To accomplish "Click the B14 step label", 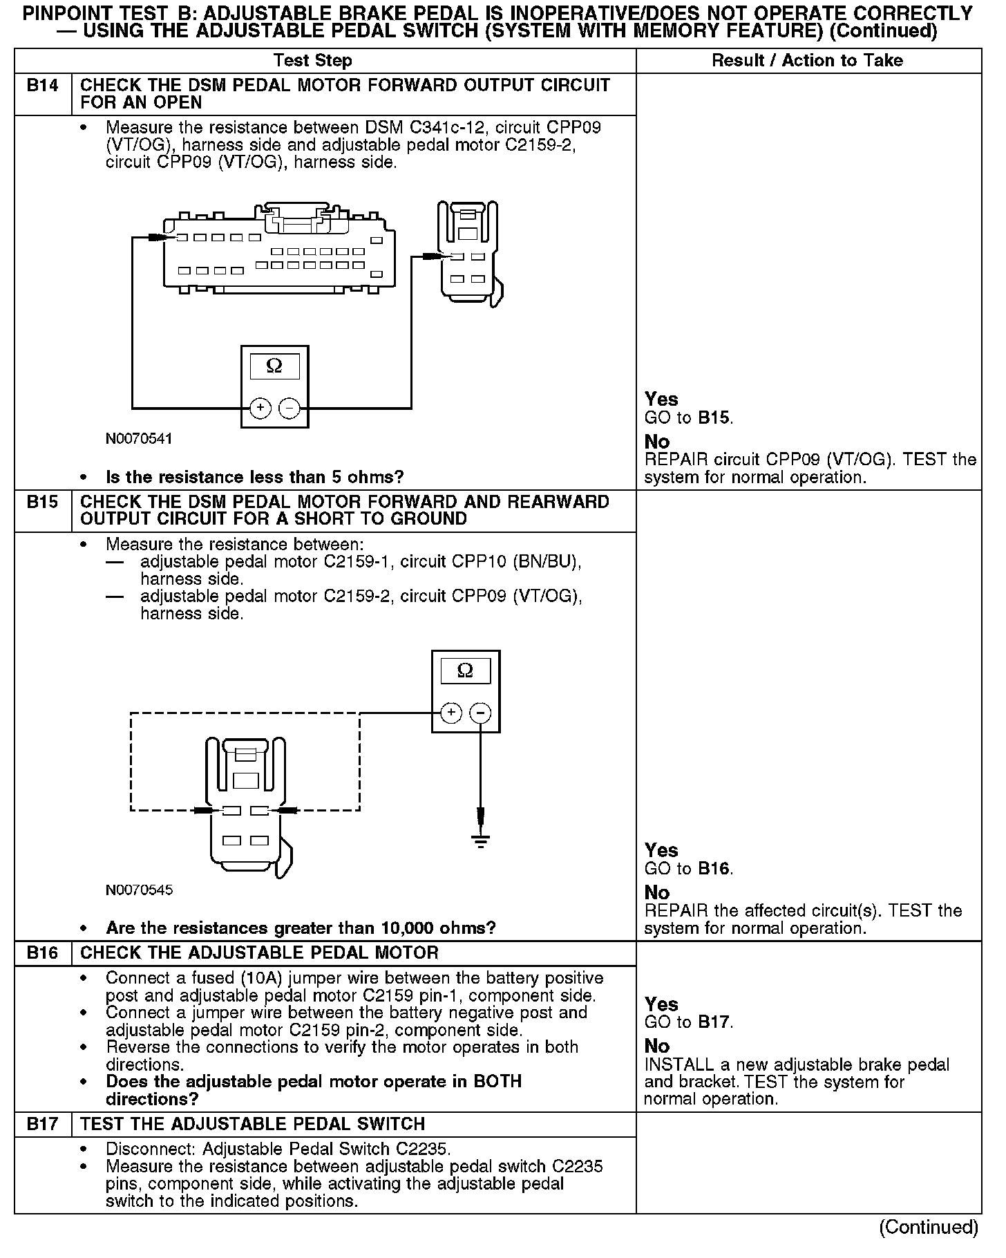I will [42, 86].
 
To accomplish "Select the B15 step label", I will [42, 503].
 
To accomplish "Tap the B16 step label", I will [42, 953].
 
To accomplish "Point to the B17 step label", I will [42, 1125].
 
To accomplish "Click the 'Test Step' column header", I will [312, 61].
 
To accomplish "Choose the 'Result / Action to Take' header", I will [807, 61].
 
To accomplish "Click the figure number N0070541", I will [139, 439].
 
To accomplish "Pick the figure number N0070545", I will [139, 890].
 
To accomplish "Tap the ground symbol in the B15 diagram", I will [482, 841].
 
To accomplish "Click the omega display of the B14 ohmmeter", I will [274, 366].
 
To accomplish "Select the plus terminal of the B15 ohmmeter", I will [450, 713].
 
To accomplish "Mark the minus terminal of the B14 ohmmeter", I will [290, 409].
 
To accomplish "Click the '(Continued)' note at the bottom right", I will [928, 1227].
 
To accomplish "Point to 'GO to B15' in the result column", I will [688, 418].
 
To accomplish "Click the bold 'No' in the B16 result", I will [657, 1046].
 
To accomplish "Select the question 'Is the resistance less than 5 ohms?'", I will [254, 478].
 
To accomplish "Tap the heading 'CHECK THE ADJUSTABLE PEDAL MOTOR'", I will [259, 953].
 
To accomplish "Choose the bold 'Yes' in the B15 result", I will [661, 850].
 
